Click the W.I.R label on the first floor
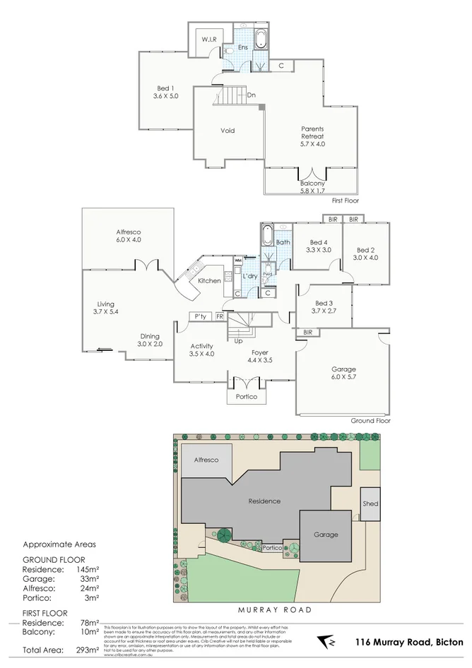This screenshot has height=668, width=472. click(208, 39)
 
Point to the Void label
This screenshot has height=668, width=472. click(228, 130)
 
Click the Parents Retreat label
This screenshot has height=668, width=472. click(312, 136)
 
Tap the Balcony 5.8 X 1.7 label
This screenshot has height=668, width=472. click(312, 187)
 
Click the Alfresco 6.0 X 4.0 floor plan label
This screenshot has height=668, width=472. click(129, 235)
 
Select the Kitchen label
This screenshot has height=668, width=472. click(209, 280)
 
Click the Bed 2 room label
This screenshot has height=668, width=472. click(367, 253)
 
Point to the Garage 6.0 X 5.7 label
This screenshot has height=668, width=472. click(343, 373)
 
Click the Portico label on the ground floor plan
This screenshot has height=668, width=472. click(247, 397)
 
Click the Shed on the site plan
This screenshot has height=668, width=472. click(370, 504)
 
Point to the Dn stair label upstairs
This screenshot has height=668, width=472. click(251, 95)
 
